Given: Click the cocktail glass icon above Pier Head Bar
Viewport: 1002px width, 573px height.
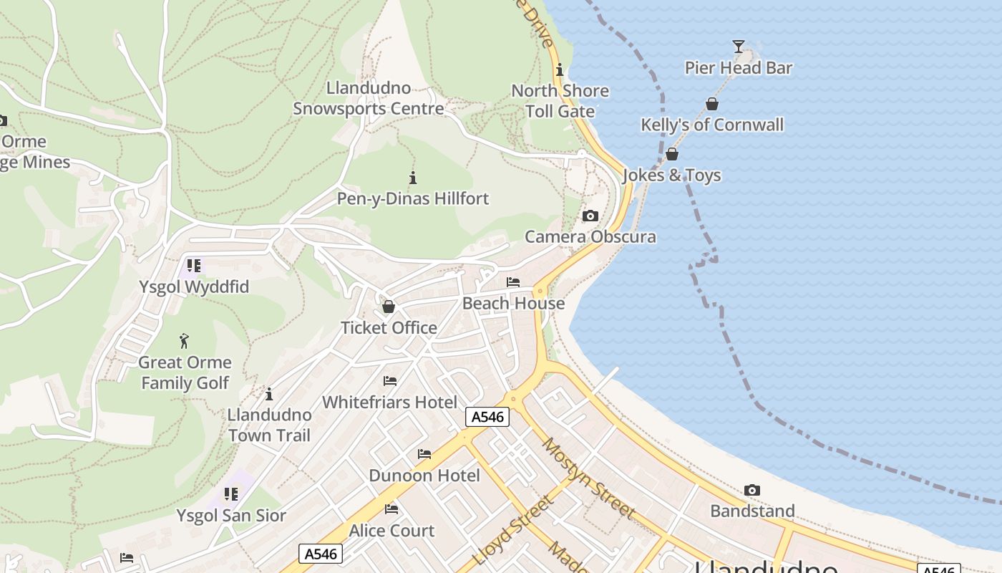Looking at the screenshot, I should (738, 47).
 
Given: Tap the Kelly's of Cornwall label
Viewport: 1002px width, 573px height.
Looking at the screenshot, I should (711, 125).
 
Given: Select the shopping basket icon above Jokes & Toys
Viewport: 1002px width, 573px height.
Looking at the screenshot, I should (672, 154).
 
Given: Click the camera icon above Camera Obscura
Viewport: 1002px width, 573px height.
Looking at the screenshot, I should (590, 216).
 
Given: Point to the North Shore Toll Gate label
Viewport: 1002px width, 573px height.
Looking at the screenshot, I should (560, 101).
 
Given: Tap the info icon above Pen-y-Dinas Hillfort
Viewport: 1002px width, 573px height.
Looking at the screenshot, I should (412, 178).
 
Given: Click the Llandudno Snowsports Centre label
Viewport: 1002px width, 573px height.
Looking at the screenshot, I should (369, 99).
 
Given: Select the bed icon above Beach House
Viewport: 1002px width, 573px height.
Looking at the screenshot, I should (513, 282).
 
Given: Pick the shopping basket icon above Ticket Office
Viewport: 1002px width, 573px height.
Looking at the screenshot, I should (389, 307).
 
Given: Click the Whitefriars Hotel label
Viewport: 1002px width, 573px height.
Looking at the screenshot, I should (389, 402).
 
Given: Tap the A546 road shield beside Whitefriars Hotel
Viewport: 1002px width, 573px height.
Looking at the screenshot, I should (487, 417).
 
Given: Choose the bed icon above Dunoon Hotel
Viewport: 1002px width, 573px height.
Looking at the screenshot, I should (424, 454).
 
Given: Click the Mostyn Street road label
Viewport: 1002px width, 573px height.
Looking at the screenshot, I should (588, 478).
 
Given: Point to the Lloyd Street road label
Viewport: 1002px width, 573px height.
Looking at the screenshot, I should (514, 529).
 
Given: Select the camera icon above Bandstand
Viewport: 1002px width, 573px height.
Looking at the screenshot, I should (751, 490).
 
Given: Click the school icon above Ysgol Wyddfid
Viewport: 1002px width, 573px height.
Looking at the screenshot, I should (194, 266).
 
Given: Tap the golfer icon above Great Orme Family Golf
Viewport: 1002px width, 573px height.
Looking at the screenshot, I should (185, 341).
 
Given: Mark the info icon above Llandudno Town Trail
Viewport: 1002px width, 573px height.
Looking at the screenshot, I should (269, 394).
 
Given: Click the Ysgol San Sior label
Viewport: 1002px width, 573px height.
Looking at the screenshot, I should (231, 516).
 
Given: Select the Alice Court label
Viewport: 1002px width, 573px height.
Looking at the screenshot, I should (391, 531).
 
